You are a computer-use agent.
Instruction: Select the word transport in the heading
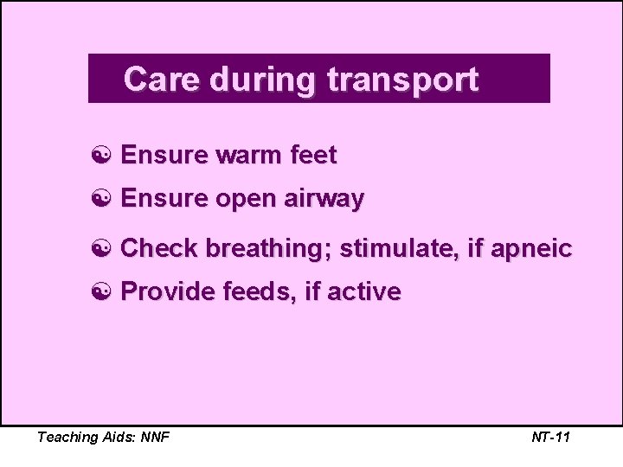[402, 80]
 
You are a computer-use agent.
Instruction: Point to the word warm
[246, 156]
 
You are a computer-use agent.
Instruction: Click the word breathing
[269, 249]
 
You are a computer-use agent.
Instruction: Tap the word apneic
[532, 249]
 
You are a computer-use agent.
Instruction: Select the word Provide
[168, 292]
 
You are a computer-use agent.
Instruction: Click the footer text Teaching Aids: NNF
[103, 437]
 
